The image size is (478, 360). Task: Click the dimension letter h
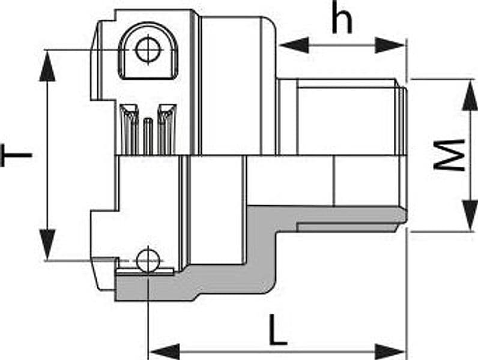pos(342,17)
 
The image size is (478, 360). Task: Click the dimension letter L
pos(278,330)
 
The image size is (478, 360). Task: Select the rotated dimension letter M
pos(450,155)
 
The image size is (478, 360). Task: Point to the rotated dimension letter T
pos(16,155)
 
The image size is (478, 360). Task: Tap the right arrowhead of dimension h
pos(390,45)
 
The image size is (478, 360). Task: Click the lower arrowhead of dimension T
pos(47,245)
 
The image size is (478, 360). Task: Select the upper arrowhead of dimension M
pos(470,95)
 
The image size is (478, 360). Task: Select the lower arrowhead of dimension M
pos(470,215)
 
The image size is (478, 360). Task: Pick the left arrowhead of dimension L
pos(165,352)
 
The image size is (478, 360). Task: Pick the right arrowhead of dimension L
pos(390,352)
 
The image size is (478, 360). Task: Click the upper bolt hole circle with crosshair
pos(148,50)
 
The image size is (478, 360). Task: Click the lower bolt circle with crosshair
pos(148,261)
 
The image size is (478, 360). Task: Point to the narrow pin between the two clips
pos(148,136)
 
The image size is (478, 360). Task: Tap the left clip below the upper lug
pos(129,129)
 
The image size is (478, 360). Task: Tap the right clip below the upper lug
pos(167,129)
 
